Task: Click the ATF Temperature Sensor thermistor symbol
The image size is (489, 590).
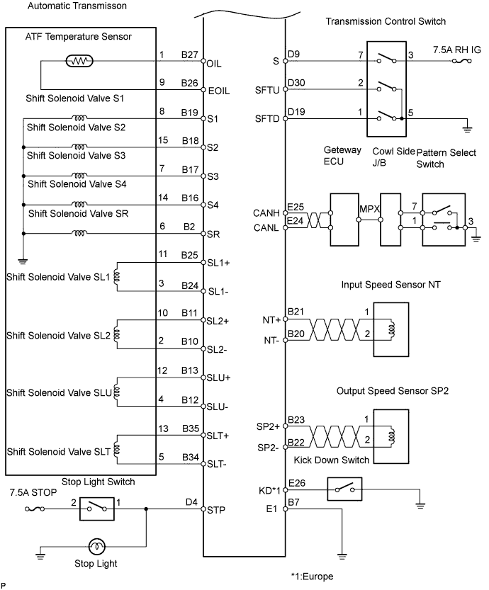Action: (x=79, y=61)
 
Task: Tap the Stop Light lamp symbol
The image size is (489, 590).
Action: (x=97, y=546)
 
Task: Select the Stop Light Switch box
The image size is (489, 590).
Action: (x=97, y=509)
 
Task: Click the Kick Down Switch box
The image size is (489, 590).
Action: (x=344, y=489)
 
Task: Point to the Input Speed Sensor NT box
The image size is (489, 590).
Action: (x=390, y=329)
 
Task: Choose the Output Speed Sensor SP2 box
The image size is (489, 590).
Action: (x=390, y=436)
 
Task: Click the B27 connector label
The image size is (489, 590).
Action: (x=189, y=55)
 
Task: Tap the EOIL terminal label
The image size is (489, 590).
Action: (x=219, y=91)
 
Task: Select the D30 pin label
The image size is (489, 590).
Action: (x=296, y=83)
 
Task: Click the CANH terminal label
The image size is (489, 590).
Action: (x=266, y=213)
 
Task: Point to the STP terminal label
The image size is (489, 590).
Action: (x=215, y=510)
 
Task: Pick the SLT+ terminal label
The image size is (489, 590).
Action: (x=218, y=436)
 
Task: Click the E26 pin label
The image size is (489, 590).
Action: (x=297, y=483)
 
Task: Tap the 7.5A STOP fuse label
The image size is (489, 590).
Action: (x=33, y=492)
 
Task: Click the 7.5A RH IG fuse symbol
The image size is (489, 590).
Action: (x=461, y=61)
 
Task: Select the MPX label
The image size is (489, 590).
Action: (x=369, y=209)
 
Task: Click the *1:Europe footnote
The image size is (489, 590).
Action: (x=312, y=577)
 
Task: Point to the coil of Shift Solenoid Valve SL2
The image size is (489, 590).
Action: (x=116, y=335)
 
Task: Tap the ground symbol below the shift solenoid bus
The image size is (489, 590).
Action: (x=23, y=261)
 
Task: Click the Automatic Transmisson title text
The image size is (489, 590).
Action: (x=77, y=6)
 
